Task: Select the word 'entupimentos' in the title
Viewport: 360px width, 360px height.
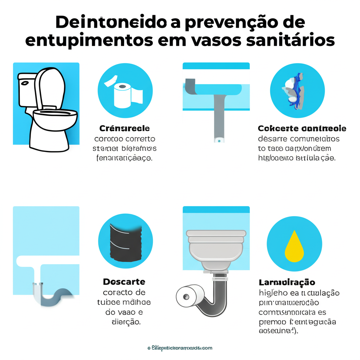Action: point(89,40)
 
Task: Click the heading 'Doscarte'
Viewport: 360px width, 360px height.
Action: point(124,282)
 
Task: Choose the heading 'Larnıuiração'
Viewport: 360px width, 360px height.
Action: point(287,282)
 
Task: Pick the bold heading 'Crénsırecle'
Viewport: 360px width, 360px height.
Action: point(124,128)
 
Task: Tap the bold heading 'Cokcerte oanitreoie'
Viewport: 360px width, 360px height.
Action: point(302,128)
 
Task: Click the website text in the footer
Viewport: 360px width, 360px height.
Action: point(180,348)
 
